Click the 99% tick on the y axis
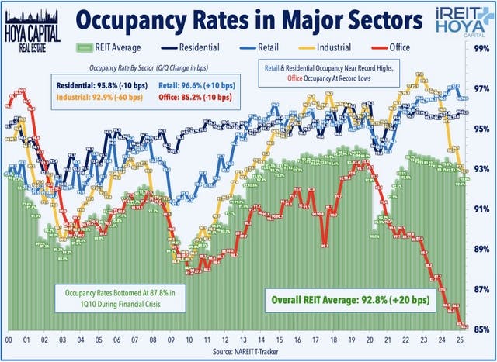(481, 49)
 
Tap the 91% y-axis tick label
(481, 209)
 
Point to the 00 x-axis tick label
(8, 340)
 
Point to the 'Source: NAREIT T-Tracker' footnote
(248, 353)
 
